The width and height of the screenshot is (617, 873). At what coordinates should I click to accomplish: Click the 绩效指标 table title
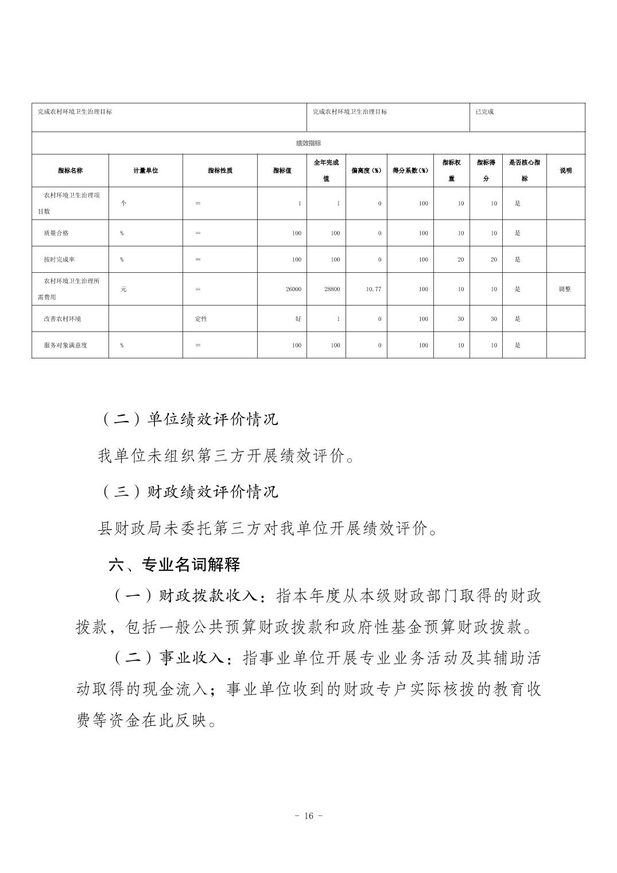point(308,143)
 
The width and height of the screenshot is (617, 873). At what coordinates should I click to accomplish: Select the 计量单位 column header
point(146,171)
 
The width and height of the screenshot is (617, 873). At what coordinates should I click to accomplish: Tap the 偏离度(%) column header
point(366,171)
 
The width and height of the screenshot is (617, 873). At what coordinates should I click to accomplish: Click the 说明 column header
point(565,171)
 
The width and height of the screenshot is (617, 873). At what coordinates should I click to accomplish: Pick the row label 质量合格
point(56,233)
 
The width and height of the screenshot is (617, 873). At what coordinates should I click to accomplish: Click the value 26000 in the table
point(293,289)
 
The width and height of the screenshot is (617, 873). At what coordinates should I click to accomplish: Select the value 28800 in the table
point(332,289)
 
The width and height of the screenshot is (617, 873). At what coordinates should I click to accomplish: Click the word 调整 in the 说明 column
point(565,289)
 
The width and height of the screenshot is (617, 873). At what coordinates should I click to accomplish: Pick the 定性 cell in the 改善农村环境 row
point(201,319)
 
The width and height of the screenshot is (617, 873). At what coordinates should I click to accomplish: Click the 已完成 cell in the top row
point(484,112)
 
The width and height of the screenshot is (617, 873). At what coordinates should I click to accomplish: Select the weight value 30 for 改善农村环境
point(460,319)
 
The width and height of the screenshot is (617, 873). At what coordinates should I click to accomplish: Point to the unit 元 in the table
point(123,289)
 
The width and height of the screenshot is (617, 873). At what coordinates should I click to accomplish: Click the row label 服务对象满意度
point(65,345)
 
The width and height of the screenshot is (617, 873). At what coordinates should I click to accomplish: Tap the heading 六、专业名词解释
point(174,565)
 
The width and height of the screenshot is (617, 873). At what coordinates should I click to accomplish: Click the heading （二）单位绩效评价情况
point(189,419)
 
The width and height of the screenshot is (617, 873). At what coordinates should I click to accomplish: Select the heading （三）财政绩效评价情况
point(189,492)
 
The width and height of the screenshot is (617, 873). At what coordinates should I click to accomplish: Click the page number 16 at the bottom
point(308,816)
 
